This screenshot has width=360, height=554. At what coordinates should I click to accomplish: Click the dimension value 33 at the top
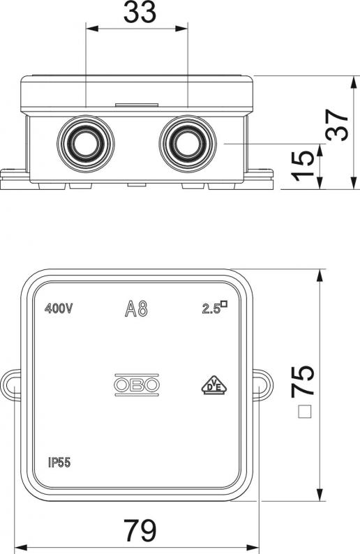(140, 12)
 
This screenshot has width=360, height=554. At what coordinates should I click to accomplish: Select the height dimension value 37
(337, 125)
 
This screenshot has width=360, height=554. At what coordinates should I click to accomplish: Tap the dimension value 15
(303, 166)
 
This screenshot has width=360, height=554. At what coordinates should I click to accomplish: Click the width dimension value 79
(140, 530)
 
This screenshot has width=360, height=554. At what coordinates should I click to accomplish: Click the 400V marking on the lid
(59, 308)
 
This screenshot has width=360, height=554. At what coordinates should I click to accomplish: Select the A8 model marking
(136, 308)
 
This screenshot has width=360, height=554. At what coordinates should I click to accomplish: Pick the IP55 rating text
(59, 462)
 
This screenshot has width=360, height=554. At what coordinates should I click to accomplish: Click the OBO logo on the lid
(137, 384)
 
